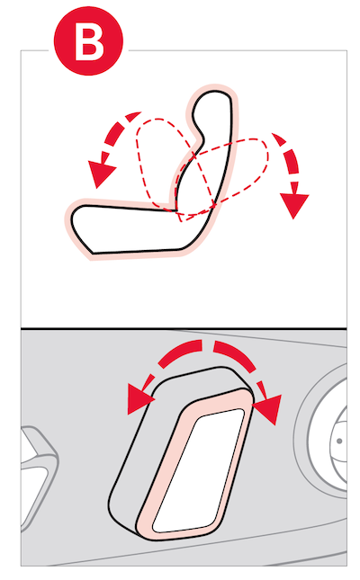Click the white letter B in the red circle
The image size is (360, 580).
point(89,40)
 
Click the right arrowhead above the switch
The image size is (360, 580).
point(267,409)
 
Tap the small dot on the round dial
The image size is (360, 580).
point(339,441)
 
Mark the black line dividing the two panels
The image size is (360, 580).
point(184,328)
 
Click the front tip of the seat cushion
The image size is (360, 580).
point(74,219)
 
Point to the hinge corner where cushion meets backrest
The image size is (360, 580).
point(175,210)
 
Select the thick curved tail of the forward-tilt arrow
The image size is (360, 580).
point(121,130)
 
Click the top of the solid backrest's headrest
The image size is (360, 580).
point(215,92)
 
